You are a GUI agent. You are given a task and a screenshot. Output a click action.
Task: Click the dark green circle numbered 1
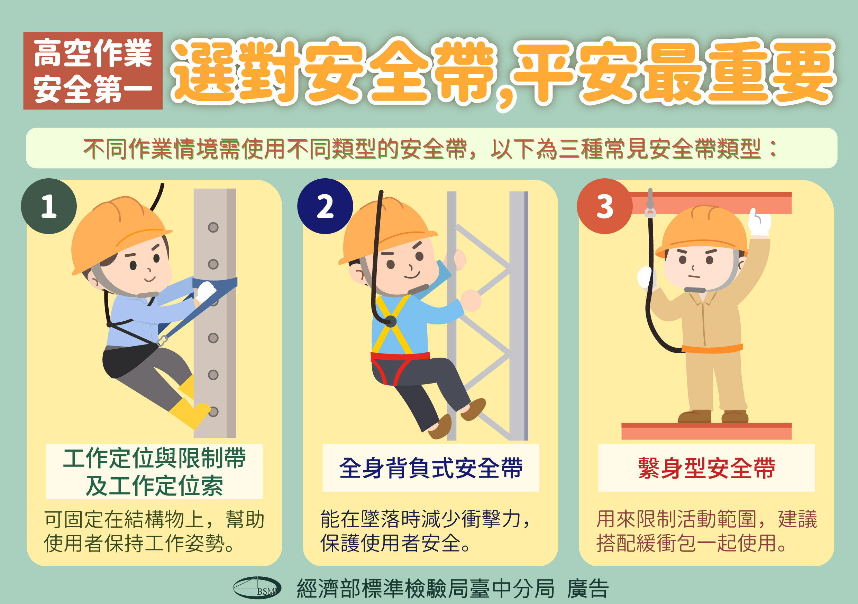click(x=49, y=206)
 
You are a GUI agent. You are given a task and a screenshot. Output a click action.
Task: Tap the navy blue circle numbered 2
click(x=325, y=206)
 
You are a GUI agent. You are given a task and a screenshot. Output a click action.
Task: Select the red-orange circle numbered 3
click(x=604, y=206)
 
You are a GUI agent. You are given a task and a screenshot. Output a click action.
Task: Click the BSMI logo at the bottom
click(x=257, y=587)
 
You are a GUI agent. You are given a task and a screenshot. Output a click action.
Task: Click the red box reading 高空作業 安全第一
click(x=93, y=70)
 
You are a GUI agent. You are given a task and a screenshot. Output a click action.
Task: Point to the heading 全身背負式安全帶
click(x=430, y=468)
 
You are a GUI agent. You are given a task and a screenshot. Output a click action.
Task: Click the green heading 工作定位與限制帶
click(x=154, y=458)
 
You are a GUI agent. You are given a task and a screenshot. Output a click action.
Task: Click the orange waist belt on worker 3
click(x=712, y=349)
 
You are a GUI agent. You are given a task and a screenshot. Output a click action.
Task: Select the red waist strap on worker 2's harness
click(x=400, y=356)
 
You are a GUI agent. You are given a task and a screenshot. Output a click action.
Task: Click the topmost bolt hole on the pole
click(x=213, y=227)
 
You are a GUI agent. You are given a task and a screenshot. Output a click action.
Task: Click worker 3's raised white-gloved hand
click(x=760, y=223)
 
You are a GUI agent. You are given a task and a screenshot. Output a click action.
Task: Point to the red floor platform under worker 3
click(x=706, y=431)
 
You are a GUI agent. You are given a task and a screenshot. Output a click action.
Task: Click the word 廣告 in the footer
click(x=587, y=589)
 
